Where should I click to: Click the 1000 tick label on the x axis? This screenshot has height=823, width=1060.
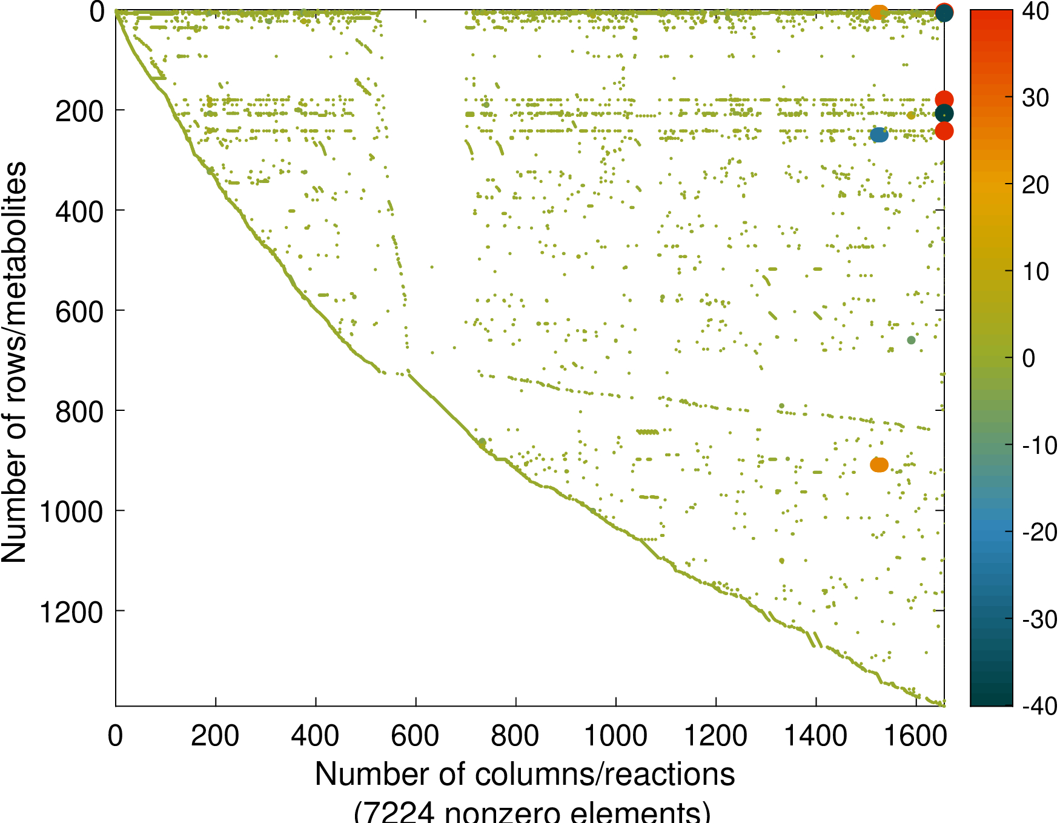[615, 736]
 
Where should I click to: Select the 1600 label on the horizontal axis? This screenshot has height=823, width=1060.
[916, 736]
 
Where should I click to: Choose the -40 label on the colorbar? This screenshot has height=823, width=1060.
[1039, 705]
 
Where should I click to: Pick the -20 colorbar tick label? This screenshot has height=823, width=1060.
[1039, 532]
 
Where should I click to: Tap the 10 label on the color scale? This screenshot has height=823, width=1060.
[1035, 272]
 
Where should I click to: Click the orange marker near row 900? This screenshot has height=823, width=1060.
[879, 465]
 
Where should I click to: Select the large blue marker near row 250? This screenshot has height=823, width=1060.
[879, 135]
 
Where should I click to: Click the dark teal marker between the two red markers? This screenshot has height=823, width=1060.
[944, 114]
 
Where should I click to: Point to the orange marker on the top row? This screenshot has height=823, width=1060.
[878, 12]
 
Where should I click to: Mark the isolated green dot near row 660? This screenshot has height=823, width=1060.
[911, 340]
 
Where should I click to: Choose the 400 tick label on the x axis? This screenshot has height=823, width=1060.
[315, 736]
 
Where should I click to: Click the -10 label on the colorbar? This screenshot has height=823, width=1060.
[1039, 445]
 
